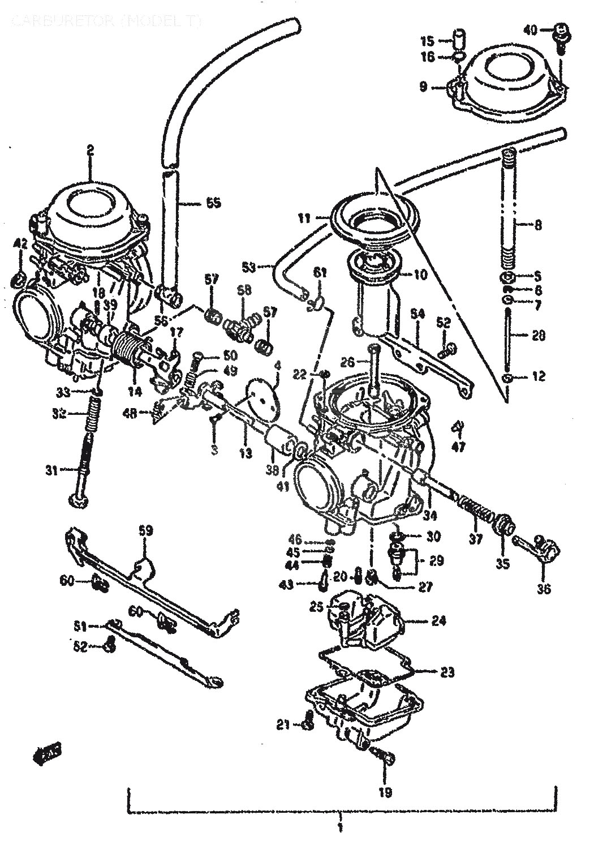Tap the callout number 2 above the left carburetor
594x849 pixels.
(90, 149)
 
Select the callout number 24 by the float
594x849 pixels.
(438, 621)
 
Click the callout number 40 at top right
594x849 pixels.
(530, 29)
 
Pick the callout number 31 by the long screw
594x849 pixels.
(52, 469)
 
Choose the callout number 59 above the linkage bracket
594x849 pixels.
(146, 530)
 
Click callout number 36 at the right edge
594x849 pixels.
(544, 589)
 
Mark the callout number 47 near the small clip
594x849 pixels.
(458, 447)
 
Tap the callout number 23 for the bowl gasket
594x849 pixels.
(447, 672)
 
